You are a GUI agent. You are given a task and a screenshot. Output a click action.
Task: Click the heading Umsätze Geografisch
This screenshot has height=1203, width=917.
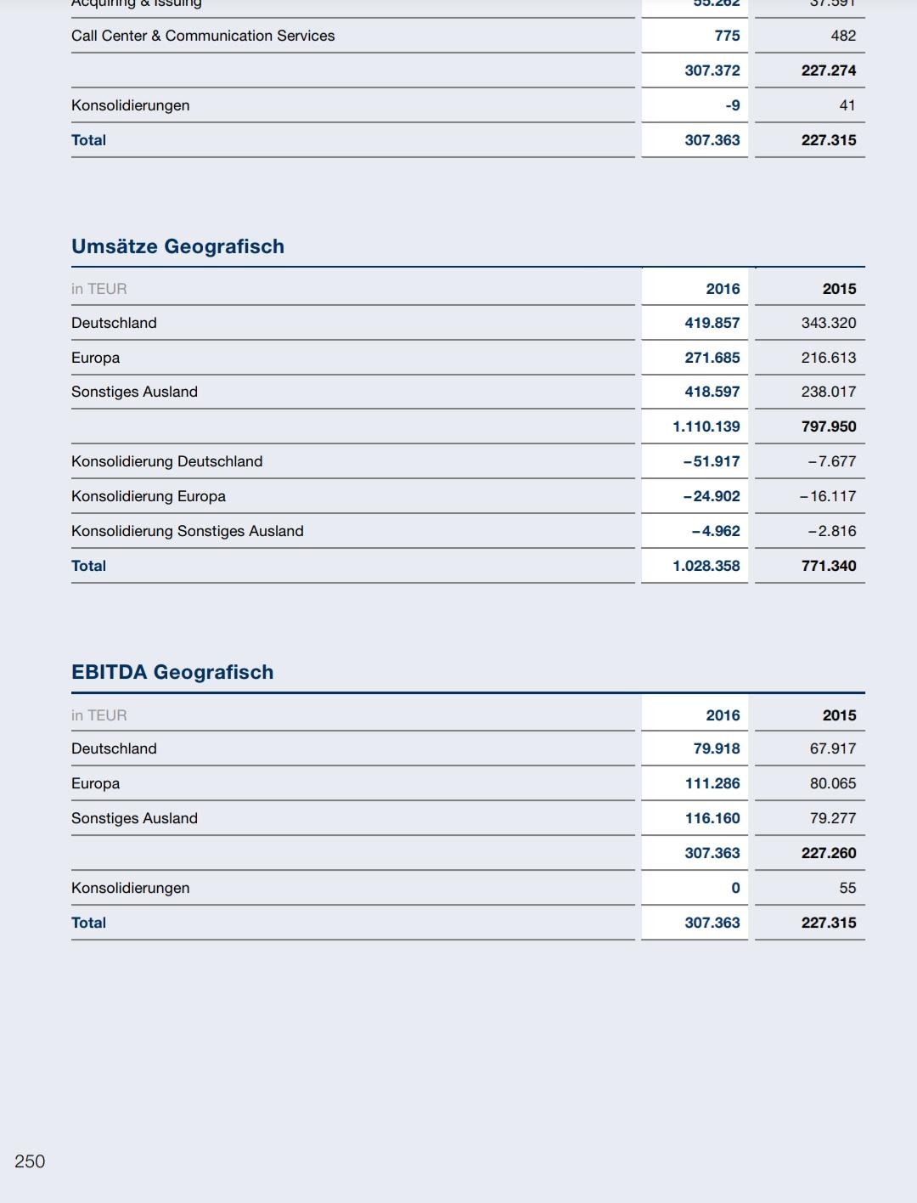click(x=177, y=246)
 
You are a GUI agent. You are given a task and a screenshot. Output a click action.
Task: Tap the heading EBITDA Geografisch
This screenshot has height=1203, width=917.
click(x=172, y=672)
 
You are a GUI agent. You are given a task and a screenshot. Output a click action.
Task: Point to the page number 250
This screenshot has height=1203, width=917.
click(x=30, y=1161)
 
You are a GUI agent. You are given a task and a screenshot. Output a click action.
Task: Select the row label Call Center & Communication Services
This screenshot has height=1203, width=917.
click(x=203, y=36)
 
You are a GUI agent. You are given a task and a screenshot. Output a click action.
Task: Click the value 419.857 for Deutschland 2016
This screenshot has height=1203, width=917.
click(x=712, y=323)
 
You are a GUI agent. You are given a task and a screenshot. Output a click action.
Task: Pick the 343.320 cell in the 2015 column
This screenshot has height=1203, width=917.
click(x=828, y=323)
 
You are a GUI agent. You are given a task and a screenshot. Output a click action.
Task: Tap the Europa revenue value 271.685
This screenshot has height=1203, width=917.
click(x=712, y=358)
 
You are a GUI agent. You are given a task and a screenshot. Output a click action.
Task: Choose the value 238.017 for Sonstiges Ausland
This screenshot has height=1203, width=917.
click(x=828, y=392)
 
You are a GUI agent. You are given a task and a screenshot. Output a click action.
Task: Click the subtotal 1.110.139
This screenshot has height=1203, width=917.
click(x=706, y=426)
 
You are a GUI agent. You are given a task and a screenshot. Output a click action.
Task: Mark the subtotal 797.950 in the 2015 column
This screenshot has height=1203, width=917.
click(x=828, y=426)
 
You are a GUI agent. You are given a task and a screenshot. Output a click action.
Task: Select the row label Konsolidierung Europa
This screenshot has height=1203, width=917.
click(x=149, y=496)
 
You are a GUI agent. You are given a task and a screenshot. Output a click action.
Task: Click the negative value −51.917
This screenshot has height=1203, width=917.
click(x=711, y=461)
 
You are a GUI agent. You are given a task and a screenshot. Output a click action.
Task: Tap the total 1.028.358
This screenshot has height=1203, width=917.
click(x=706, y=566)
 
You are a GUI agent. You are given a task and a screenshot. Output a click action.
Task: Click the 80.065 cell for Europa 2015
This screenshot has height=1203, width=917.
click(x=832, y=783)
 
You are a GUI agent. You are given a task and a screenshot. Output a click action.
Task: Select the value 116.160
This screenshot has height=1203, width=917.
click(x=712, y=818)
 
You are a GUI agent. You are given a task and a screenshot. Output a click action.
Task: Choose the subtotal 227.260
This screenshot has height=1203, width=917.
click(x=828, y=853)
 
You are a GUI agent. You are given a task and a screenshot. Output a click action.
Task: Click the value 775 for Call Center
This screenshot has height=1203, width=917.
click(x=727, y=36)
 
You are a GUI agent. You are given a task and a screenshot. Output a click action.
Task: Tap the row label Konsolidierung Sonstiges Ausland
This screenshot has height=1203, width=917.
click(x=188, y=531)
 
